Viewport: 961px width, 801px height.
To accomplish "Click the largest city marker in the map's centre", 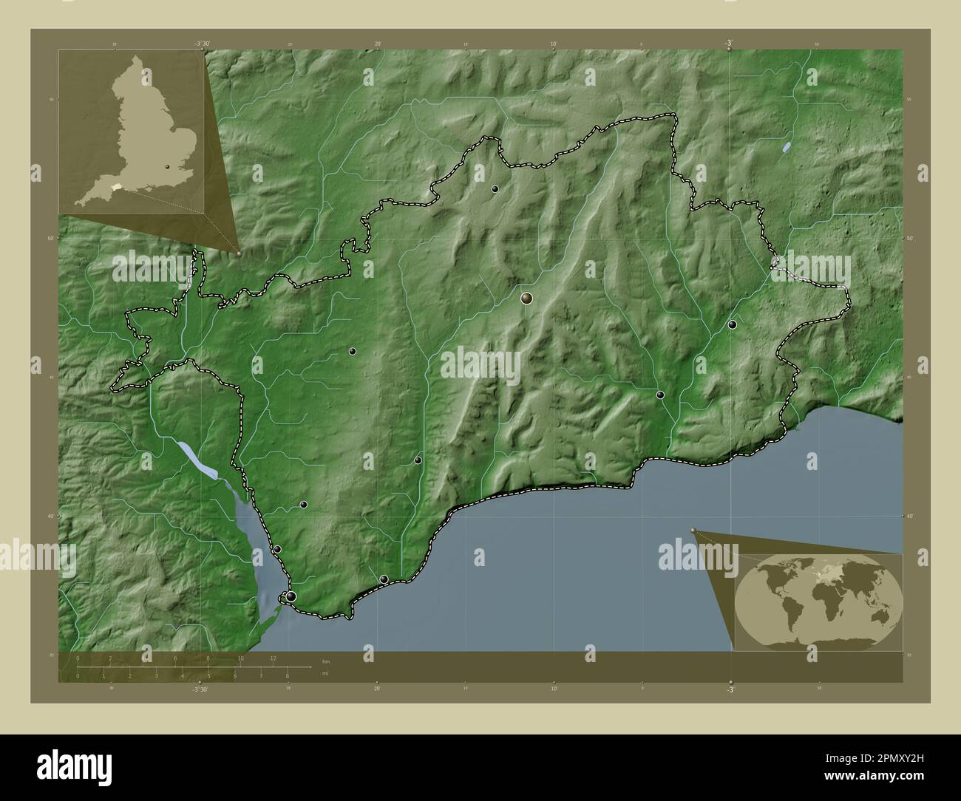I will tap(526, 299).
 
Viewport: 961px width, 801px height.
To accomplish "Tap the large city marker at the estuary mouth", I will tap(291, 596).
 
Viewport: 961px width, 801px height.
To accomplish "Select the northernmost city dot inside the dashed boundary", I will tap(495, 189).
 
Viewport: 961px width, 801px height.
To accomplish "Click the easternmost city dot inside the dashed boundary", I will tap(732, 324).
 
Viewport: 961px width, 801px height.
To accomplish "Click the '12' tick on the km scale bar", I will tap(273, 658).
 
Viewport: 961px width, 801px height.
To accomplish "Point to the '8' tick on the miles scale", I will tap(287, 675).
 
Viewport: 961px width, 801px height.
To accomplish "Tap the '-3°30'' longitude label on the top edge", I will tap(202, 44).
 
